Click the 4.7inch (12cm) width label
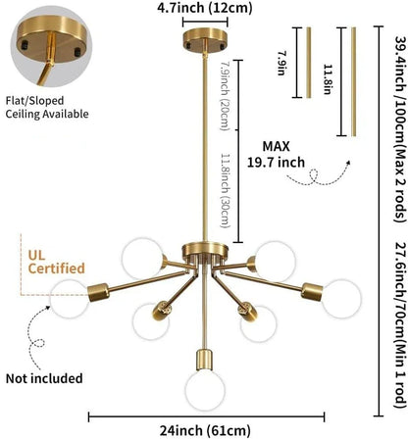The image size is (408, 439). pos(205,8)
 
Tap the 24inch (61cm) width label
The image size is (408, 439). pos(205,430)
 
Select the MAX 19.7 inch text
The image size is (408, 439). pos(276,154)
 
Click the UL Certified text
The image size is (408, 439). pos(56,262)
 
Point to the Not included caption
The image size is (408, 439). pos(44,378)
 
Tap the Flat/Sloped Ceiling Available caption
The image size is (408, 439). pos(47,107)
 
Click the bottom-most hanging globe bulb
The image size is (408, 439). pos(205,390)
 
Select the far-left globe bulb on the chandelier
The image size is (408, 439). pos(69,299)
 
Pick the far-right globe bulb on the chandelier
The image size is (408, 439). pos(341,298)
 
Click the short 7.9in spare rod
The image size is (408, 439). pos(309,63)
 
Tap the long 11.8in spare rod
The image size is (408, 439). pos(353,81)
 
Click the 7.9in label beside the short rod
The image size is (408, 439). pos(282,63)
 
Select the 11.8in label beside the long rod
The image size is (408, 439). pos(328,78)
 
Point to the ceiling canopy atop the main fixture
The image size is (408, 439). pos(205,39)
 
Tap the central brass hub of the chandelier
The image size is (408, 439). pos(205,251)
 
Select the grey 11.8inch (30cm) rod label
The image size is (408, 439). pos(226,190)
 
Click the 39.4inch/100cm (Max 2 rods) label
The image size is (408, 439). pos(400,128)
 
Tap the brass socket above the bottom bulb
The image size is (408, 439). pos(205,361)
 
